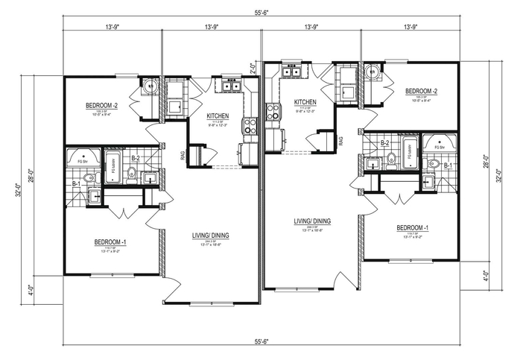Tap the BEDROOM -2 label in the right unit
click(421, 91)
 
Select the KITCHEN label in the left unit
click(217, 116)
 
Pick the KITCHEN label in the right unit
click(305, 102)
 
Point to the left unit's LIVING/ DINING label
click(209, 236)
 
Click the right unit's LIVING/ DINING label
click(312, 221)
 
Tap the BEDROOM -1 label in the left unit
click(110, 242)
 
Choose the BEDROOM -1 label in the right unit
click(411, 227)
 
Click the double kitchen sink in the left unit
click(229, 87)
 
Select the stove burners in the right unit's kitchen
click(273, 112)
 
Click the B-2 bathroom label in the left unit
click(136, 159)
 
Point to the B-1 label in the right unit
click(448, 165)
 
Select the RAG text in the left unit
click(183, 155)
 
